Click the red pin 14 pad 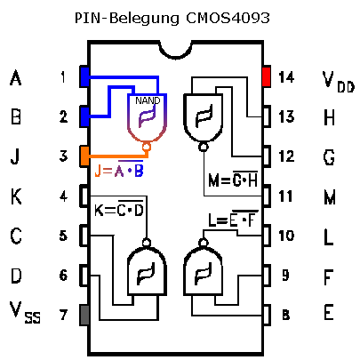(x=266, y=76)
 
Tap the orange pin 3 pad (x=84, y=156)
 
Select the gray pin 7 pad (x=84, y=315)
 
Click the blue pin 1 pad (x=84, y=76)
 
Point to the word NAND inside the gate (x=148, y=100)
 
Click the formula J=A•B (x=119, y=170)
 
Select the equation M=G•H (x=233, y=179)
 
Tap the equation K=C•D (x=119, y=209)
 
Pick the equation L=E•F (x=233, y=219)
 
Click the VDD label (x=338, y=82)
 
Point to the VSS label (x=25, y=313)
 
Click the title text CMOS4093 (x=228, y=18)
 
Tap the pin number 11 (x=286, y=196)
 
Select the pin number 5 (x=63, y=236)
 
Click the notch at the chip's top (x=175, y=52)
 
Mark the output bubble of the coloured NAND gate (x=146, y=146)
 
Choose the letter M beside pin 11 (x=330, y=196)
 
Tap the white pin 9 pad (x=267, y=276)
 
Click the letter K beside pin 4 (x=16, y=196)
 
